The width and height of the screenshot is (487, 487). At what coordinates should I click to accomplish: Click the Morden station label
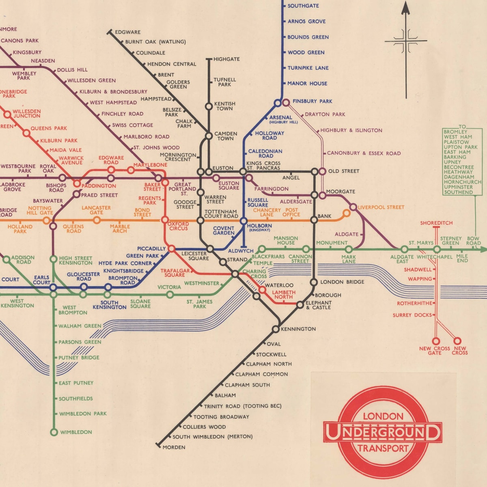[x=174, y=447]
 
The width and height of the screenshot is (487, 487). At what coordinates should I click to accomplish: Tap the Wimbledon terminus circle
[x=54, y=432]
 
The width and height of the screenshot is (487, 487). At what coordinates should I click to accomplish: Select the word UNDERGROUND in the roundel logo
[x=383, y=433]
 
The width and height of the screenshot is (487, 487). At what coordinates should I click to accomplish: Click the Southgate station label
[x=303, y=6]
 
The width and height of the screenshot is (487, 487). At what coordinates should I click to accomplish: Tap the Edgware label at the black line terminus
[x=127, y=32]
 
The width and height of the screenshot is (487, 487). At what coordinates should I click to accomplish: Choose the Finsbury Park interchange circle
[x=286, y=103]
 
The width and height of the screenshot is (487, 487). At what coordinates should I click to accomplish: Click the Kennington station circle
[x=276, y=329]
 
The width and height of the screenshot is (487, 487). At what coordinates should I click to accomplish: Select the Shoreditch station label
[x=436, y=223]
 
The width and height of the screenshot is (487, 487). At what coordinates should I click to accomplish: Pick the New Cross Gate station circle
[x=436, y=341]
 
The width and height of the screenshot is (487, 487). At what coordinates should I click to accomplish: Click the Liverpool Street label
[x=381, y=207]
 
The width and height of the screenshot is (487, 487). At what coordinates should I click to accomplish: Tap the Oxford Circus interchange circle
[x=165, y=220]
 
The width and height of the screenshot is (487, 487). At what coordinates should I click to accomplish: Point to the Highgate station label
[x=226, y=59]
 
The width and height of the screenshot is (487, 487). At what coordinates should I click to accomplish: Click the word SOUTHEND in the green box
[x=458, y=192]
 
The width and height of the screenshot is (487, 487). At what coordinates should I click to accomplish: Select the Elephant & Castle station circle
[x=300, y=304]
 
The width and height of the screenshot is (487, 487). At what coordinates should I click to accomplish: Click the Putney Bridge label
[x=79, y=358]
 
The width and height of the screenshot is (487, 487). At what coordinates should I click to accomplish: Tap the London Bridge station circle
[x=314, y=282]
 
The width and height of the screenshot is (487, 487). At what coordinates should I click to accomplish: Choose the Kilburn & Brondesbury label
[x=113, y=92]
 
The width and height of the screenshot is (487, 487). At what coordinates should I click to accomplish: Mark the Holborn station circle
[x=243, y=221]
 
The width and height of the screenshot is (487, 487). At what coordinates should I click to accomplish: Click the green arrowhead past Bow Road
[x=483, y=250]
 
